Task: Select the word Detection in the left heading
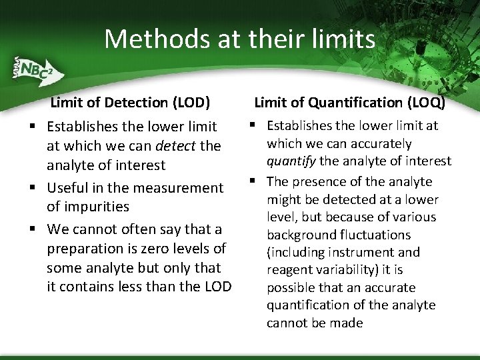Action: point(131,103)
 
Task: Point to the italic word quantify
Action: point(291,161)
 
